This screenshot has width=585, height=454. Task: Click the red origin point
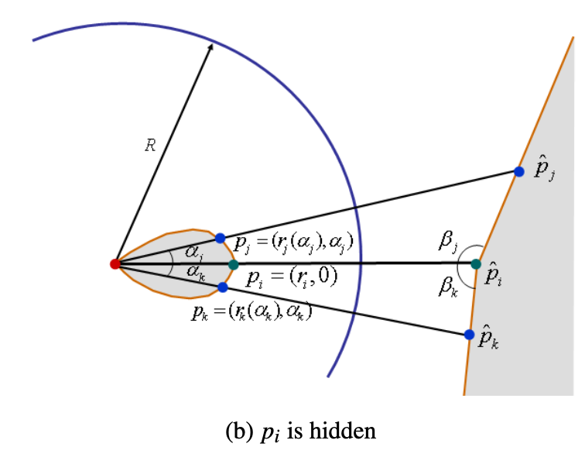click(115, 264)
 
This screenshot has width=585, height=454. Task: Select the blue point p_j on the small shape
click(220, 238)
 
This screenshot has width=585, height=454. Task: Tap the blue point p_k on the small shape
click(223, 287)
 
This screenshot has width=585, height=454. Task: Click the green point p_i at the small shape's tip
click(234, 265)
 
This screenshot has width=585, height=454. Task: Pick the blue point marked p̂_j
click(519, 171)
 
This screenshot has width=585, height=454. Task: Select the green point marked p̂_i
click(476, 264)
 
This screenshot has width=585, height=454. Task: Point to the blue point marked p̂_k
click(469, 335)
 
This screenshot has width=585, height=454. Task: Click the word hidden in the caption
click(347, 429)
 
